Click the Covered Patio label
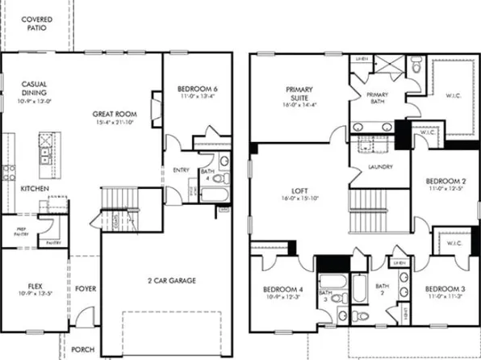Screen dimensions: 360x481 click(33, 23)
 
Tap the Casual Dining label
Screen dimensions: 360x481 click(34, 87)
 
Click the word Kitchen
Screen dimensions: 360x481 click(34, 188)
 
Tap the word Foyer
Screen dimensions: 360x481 click(85, 287)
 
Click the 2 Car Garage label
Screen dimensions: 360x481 click(171, 280)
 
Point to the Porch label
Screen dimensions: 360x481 click(82, 350)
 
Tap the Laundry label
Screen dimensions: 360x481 click(379, 167)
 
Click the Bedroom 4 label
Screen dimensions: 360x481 click(282, 289)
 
